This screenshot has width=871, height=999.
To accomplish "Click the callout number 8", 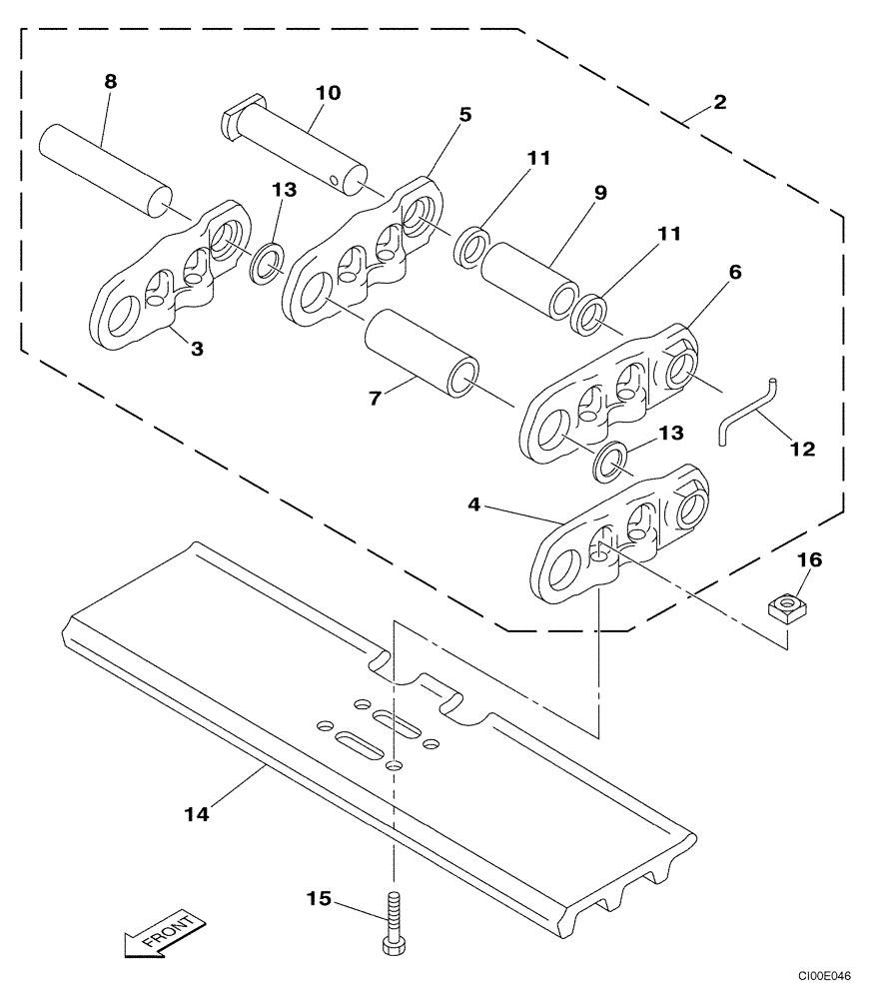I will click(x=110, y=82).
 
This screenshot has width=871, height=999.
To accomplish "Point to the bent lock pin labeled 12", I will click(x=748, y=412).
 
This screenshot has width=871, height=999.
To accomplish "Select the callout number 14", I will click(x=197, y=814).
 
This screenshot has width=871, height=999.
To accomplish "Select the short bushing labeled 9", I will click(x=528, y=280).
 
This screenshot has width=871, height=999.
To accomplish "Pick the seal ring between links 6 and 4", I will click(x=610, y=461).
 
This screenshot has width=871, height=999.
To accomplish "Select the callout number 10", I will click(x=328, y=93).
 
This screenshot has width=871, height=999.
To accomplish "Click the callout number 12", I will click(x=801, y=450).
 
